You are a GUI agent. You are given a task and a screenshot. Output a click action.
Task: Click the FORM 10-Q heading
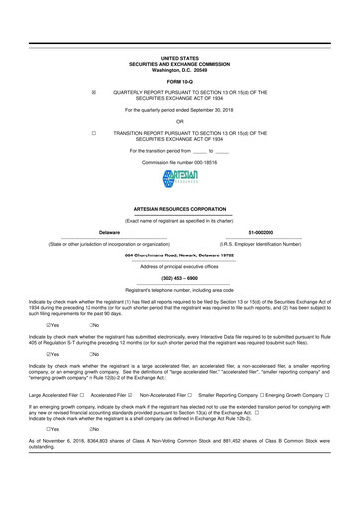pyautogui.click(x=179, y=80)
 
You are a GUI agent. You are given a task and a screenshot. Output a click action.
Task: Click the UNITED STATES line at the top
pyautogui.click(x=179, y=60)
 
